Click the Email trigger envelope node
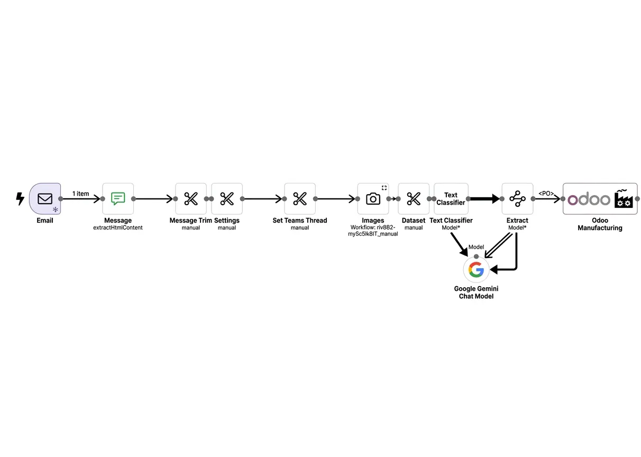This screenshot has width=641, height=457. click(45, 199)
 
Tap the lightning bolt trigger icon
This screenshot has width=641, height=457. click(20, 199)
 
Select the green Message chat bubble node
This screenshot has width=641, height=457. click(118, 199)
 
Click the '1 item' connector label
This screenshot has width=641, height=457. click(81, 194)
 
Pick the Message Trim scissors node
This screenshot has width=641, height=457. click(191, 199)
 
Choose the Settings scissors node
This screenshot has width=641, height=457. click(227, 199)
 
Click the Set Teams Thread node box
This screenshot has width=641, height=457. click(300, 199)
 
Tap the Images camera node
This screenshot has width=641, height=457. click(373, 199)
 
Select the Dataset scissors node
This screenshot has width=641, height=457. click(414, 199)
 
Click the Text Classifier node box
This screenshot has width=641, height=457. click(451, 199)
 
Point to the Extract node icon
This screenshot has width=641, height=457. click(517, 199)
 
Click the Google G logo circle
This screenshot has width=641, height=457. click(476, 270)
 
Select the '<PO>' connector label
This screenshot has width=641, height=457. click(546, 194)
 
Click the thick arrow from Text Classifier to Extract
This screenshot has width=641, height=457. click(483, 199)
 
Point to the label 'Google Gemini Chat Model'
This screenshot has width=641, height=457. click(476, 293)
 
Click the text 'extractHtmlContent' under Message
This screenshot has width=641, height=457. click(118, 228)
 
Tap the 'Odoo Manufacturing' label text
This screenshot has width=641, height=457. click(600, 224)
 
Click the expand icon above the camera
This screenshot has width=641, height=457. click(384, 188)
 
